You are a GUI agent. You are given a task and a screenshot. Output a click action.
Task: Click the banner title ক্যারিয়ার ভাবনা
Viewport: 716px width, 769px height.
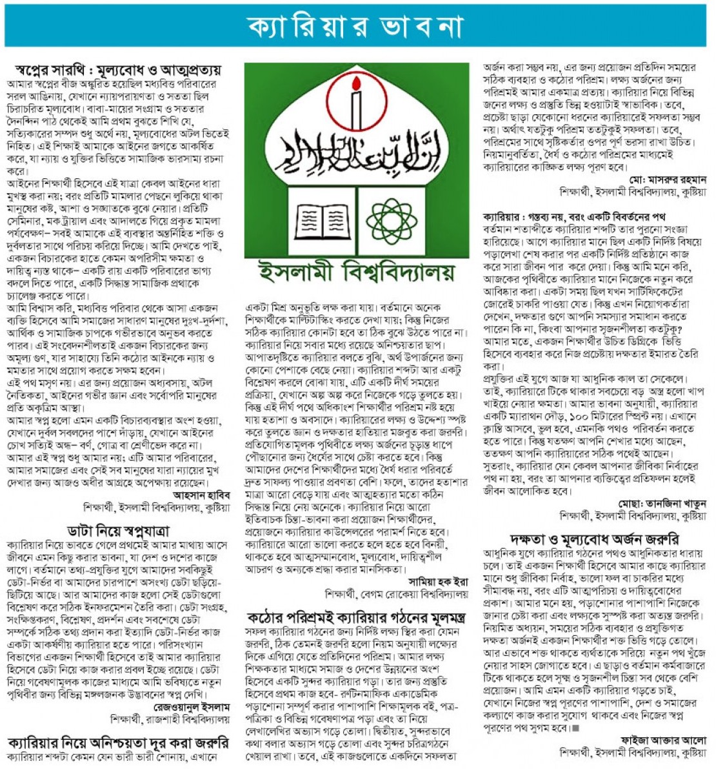click(355, 26)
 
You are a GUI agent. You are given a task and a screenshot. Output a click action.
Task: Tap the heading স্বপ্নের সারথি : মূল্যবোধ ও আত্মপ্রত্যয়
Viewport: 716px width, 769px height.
click(118, 69)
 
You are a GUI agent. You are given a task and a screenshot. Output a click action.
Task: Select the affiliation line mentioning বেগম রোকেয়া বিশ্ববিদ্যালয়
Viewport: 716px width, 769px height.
click(397, 593)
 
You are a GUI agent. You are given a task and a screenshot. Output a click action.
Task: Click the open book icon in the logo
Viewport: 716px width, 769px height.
click(319, 220)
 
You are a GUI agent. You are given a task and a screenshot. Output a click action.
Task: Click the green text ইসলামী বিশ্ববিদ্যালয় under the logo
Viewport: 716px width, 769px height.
click(355, 271)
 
